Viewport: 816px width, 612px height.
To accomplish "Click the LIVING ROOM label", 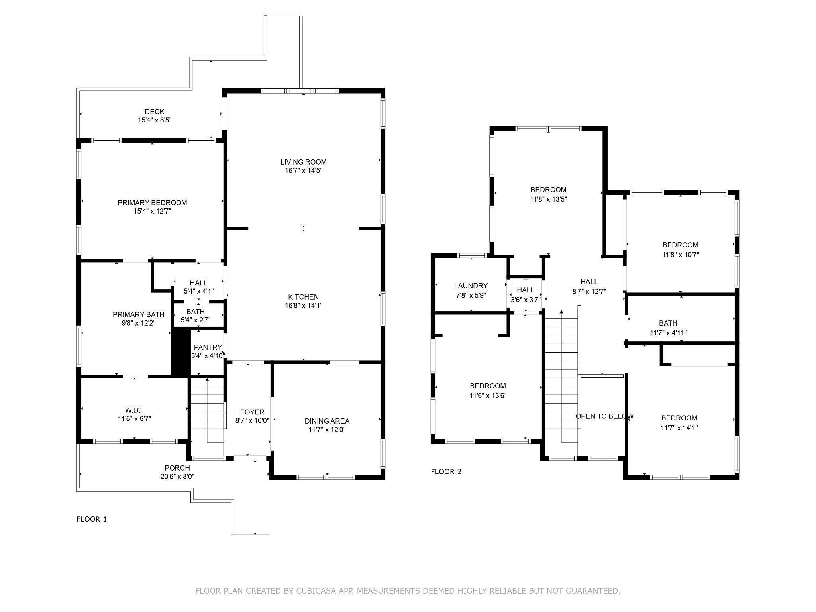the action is point(304,162).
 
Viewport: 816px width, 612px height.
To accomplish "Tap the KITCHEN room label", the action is point(304,297).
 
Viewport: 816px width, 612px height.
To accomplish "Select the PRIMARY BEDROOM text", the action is point(152,202).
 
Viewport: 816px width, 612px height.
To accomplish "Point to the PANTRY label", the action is point(208,347).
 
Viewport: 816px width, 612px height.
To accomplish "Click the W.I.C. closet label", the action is point(134,410).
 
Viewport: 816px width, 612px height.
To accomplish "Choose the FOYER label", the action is point(252,412).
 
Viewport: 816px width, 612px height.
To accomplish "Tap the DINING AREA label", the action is point(327,421).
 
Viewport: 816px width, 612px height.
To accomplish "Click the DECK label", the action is point(155,112).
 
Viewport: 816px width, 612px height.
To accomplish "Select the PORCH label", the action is point(177,468).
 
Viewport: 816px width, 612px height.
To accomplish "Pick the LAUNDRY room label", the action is point(471,286).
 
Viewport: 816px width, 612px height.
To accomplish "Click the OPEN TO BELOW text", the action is point(605,416).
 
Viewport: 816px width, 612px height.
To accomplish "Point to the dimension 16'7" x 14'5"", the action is point(304,171).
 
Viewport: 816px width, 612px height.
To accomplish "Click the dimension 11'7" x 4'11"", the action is point(668,332).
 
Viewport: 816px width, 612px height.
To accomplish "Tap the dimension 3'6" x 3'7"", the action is point(526,299).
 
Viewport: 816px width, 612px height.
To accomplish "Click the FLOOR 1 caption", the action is point(92,519).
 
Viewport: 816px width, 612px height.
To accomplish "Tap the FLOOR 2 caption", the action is point(446,472).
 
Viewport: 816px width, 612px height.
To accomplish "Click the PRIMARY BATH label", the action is point(139,314).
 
